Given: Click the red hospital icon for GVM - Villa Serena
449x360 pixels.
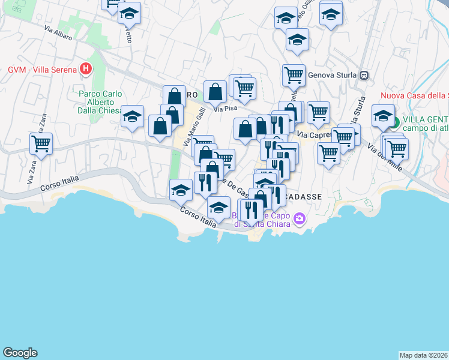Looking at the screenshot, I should [x=86, y=69].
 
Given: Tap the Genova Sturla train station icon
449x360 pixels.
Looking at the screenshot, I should [x=364, y=76].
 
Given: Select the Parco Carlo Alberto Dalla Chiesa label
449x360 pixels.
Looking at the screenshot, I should [x=101, y=101].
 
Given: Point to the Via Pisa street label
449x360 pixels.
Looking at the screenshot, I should [x=226, y=109].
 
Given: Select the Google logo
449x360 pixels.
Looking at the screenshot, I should [x=20, y=353].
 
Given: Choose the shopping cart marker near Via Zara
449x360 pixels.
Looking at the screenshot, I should [x=41, y=143].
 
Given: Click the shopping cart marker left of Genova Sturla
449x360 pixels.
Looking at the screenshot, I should [x=294, y=75].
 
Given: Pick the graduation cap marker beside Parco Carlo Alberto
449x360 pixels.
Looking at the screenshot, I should [x=132, y=116].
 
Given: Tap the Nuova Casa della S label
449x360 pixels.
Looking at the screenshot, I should [x=415, y=95].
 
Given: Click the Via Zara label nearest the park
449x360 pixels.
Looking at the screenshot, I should [x=43, y=123].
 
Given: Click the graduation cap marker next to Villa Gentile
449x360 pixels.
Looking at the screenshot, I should [x=382, y=116].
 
